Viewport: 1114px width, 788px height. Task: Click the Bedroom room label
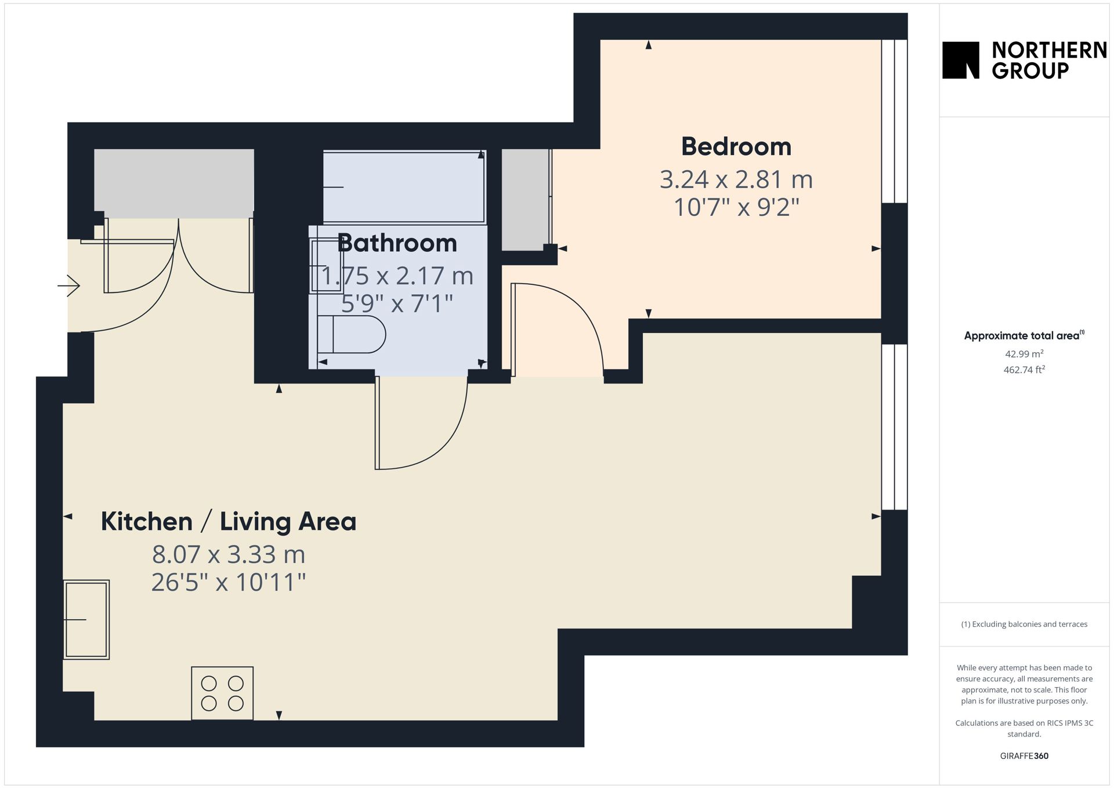tap(736, 146)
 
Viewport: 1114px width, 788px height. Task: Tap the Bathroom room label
tap(397, 243)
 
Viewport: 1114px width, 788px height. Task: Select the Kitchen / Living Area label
tap(229, 521)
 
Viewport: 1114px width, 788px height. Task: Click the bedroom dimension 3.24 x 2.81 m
tap(736, 179)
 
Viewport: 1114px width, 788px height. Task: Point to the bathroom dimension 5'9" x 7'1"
tap(397, 303)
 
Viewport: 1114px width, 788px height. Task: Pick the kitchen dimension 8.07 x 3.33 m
tap(229, 554)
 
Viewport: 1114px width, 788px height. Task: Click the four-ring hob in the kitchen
tap(222, 693)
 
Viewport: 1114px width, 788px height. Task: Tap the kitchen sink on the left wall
tap(86, 620)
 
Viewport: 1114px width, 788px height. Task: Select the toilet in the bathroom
tap(351, 334)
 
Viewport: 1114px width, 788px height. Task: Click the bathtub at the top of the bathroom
tap(404, 187)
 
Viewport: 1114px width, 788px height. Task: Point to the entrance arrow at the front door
tap(68, 285)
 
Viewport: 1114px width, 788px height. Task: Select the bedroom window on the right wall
tap(894, 121)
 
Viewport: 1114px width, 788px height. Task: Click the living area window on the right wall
tap(894, 427)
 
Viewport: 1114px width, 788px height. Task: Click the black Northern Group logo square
tap(961, 60)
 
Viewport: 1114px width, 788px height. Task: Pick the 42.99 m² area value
tap(1024, 353)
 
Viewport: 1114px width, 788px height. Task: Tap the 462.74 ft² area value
tap(1024, 370)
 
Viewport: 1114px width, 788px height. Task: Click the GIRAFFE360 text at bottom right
tap(1024, 756)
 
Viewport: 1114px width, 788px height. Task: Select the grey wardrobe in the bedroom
tap(525, 200)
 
